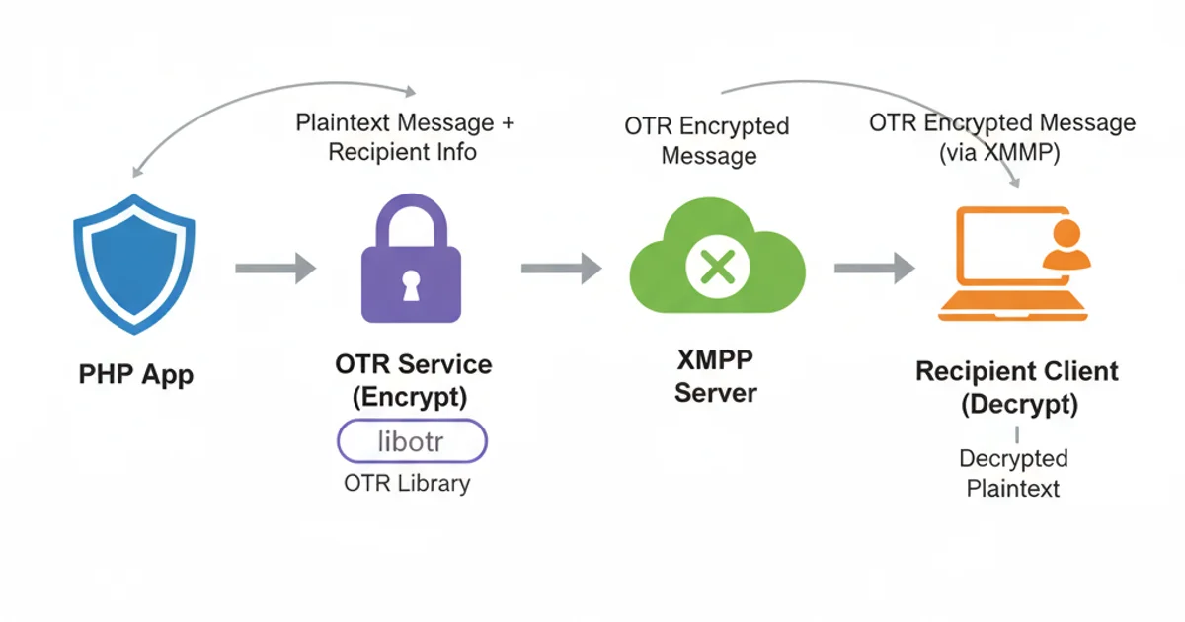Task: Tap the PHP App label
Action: click(136, 375)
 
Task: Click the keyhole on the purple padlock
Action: click(411, 285)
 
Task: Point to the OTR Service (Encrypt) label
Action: click(413, 381)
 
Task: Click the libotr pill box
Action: click(413, 441)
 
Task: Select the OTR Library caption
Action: click(407, 484)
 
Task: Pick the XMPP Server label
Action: click(716, 377)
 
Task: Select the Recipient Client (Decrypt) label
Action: click(1017, 388)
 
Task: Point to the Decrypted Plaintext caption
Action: click(1013, 473)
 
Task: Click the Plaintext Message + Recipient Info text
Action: click(405, 138)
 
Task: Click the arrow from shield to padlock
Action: click(276, 267)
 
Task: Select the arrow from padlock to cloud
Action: click(561, 267)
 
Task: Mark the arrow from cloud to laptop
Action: click(874, 267)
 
